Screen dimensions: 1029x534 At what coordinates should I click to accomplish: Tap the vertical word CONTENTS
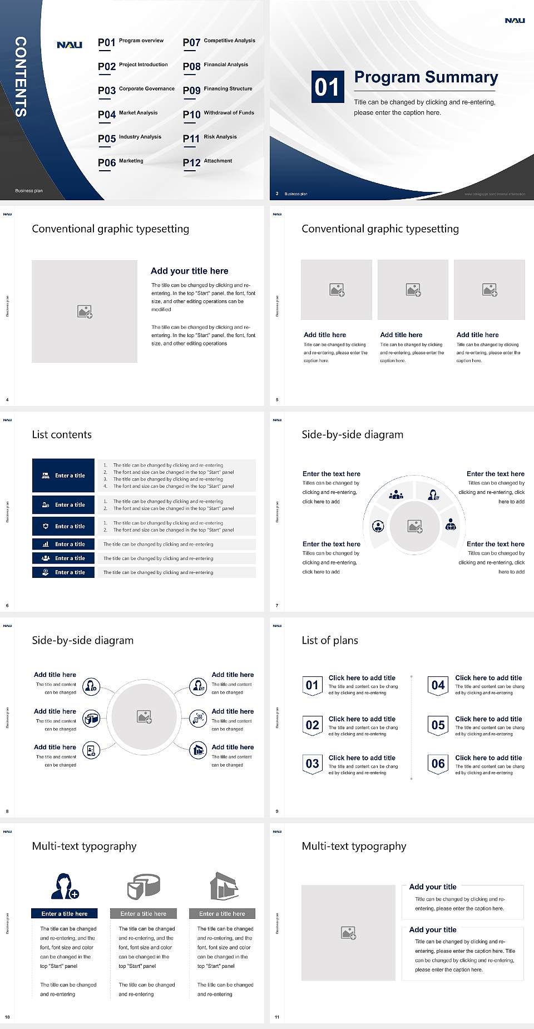click(x=21, y=77)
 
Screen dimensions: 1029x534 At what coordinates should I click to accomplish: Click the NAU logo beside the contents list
click(x=70, y=45)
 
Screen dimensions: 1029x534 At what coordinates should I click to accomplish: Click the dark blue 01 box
click(x=327, y=87)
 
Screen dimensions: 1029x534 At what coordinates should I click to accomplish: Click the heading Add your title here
click(x=189, y=271)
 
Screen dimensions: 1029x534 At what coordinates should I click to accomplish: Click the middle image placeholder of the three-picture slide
click(x=413, y=290)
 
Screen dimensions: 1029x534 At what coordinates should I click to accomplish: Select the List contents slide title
click(x=62, y=434)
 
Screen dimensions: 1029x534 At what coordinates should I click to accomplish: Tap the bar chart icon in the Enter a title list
click(x=46, y=544)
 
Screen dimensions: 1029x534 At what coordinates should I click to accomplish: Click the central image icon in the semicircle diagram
click(x=415, y=526)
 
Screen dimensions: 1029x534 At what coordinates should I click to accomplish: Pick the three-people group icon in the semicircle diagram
click(x=396, y=494)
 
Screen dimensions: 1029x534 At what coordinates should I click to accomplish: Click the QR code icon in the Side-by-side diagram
click(x=199, y=718)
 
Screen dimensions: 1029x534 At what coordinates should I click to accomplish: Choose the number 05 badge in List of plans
click(x=438, y=725)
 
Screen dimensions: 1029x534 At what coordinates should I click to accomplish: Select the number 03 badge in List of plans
click(x=312, y=764)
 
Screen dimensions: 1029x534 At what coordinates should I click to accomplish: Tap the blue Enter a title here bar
click(x=65, y=913)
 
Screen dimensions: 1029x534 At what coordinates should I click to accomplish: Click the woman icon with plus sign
click(x=64, y=886)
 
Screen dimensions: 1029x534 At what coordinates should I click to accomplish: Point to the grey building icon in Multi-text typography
click(x=224, y=886)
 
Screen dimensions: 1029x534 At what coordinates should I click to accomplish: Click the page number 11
click(x=277, y=1017)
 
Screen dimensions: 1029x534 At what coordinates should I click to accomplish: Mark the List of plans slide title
click(x=330, y=640)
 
